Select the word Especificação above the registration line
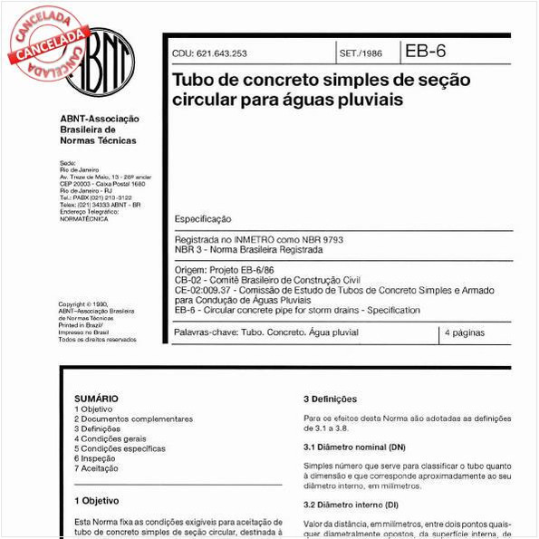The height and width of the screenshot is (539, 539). tap(202, 219)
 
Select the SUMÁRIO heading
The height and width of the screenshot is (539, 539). tap(96, 398)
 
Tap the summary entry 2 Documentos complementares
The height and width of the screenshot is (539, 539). tap(133, 419)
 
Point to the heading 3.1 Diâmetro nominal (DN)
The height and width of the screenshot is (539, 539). tap(354, 448)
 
